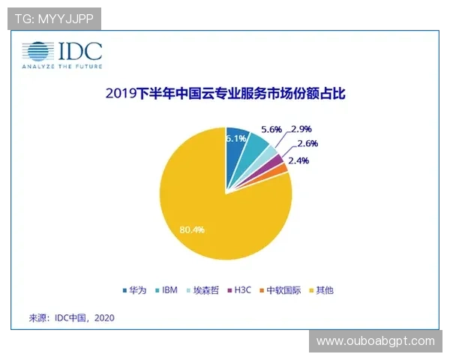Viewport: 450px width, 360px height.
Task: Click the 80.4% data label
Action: [x=191, y=229]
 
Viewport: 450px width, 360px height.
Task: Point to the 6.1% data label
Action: [x=237, y=138]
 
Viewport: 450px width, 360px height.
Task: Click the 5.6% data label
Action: [x=271, y=129]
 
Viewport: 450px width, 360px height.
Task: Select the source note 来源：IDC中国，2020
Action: [x=72, y=317]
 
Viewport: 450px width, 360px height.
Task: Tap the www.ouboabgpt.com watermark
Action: [x=375, y=341]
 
